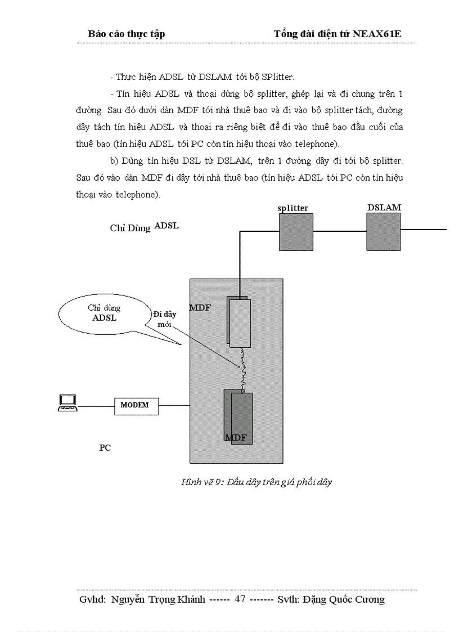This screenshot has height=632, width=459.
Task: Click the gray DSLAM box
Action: [x=384, y=232]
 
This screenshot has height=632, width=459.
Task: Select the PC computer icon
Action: [x=67, y=402]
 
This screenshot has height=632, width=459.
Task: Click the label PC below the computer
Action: [x=105, y=448]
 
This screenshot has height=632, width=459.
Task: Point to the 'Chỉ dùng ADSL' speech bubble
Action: [x=105, y=313]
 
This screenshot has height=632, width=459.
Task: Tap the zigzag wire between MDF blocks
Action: [x=243, y=369]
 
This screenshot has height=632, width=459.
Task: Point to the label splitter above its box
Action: [x=293, y=208]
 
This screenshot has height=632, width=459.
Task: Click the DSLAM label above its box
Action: [x=384, y=207]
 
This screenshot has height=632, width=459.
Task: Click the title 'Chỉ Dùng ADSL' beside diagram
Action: [x=144, y=227]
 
